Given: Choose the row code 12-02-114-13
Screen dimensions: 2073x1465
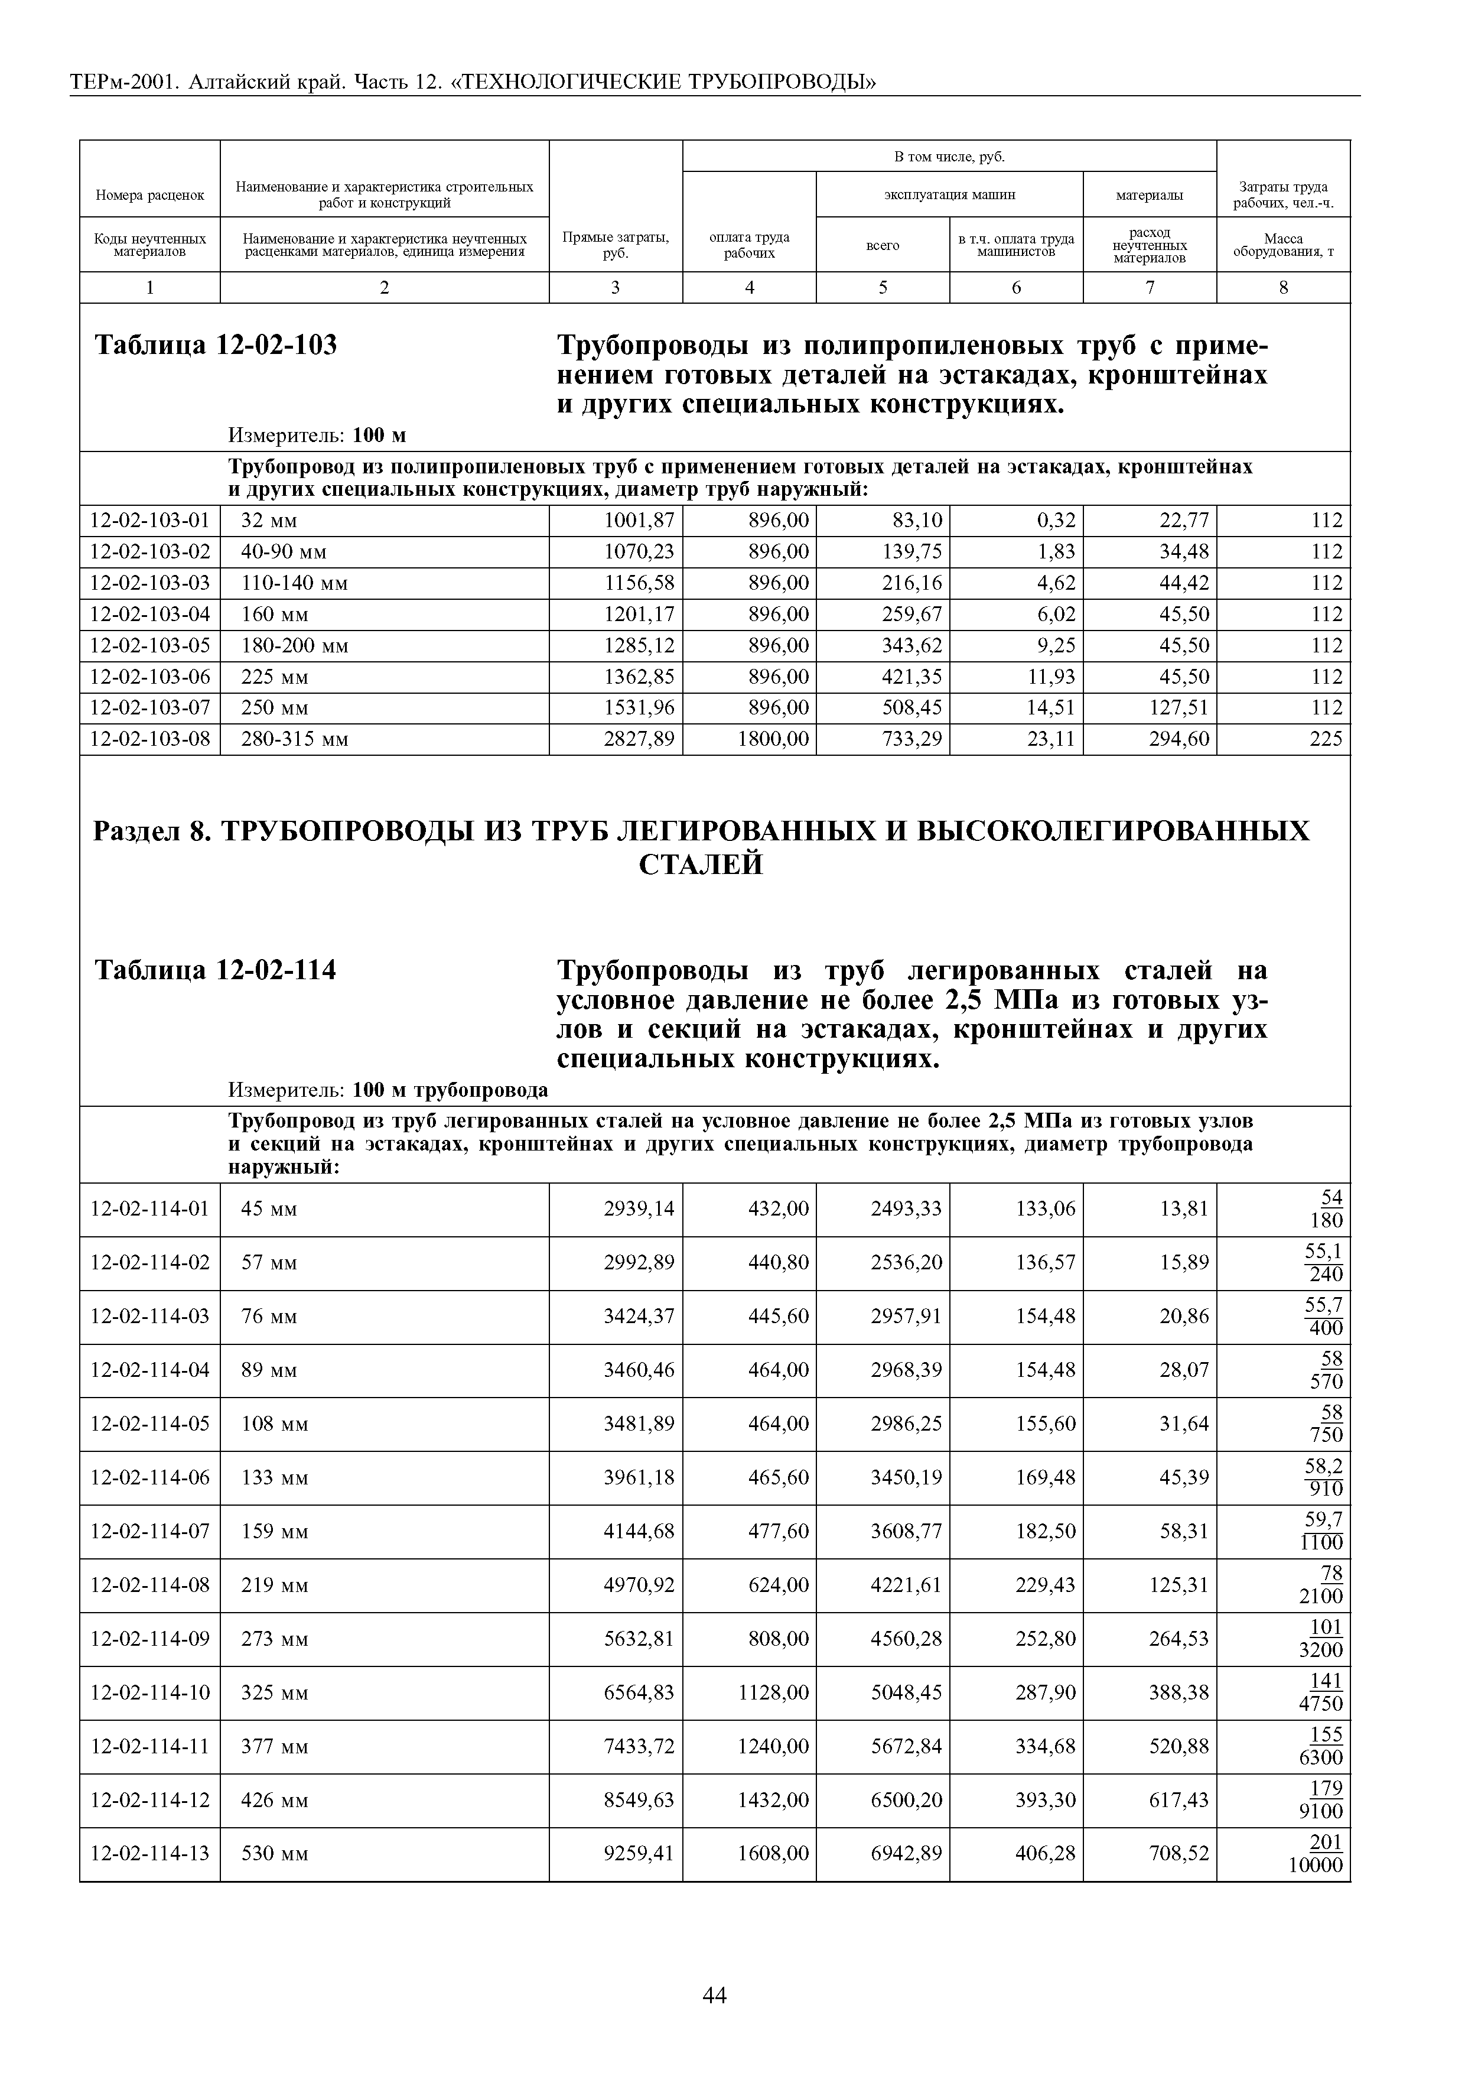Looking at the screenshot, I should tap(150, 1854).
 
